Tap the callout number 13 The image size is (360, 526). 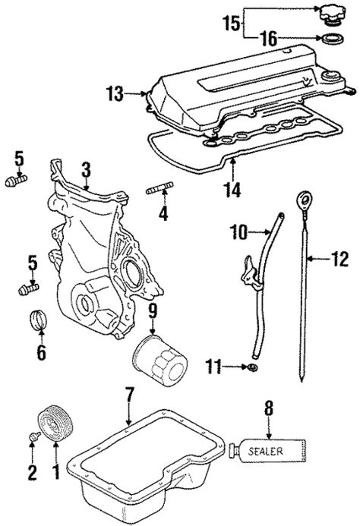click(114, 94)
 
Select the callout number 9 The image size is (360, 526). click(152, 310)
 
